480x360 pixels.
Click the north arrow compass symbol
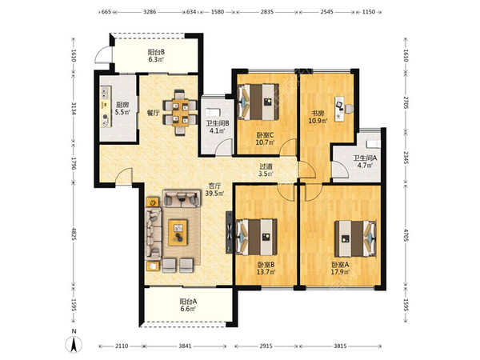click(x=74, y=344)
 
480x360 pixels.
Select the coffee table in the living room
click(x=178, y=232)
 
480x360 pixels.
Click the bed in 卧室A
click(x=355, y=238)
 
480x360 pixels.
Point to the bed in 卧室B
click(x=257, y=237)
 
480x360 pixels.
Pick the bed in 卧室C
click(x=258, y=102)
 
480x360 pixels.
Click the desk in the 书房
click(x=340, y=109)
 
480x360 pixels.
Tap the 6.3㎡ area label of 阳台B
click(x=157, y=59)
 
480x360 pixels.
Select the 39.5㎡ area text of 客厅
click(x=214, y=193)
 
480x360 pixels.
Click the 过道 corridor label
click(x=266, y=166)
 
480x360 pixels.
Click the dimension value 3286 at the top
click(x=150, y=12)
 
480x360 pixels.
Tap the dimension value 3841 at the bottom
click(x=185, y=346)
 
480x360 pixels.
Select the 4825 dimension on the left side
click(x=74, y=234)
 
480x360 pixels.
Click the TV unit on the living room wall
click(x=230, y=232)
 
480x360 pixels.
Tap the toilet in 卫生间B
click(x=214, y=112)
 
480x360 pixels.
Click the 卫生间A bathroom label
click(x=366, y=158)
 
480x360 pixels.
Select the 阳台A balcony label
click(x=188, y=302)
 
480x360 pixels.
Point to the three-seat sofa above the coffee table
click(x=181, y=198)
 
